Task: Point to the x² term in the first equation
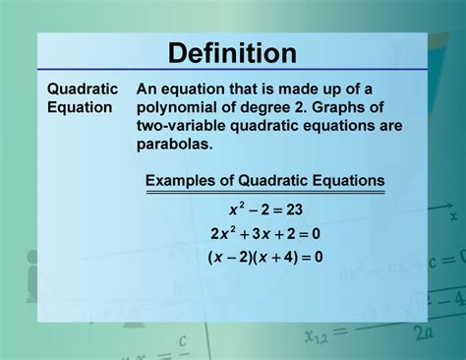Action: click(x=236, y=210)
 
